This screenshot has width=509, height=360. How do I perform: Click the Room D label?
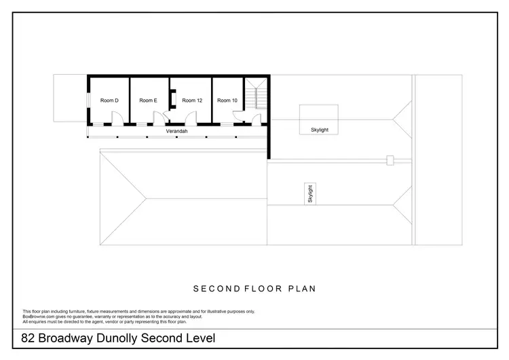coord(109,101)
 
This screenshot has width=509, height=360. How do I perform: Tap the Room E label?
coord(148,101)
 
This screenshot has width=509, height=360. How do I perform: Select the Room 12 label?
coord(192,101)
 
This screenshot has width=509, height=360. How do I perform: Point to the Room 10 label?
coord(227,101)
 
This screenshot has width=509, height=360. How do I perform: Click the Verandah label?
coord(176,131)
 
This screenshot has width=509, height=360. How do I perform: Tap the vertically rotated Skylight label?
coord(310,194)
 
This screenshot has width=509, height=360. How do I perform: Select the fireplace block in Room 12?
coord(174,100)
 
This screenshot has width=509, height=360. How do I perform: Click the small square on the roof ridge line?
coord(390,160)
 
